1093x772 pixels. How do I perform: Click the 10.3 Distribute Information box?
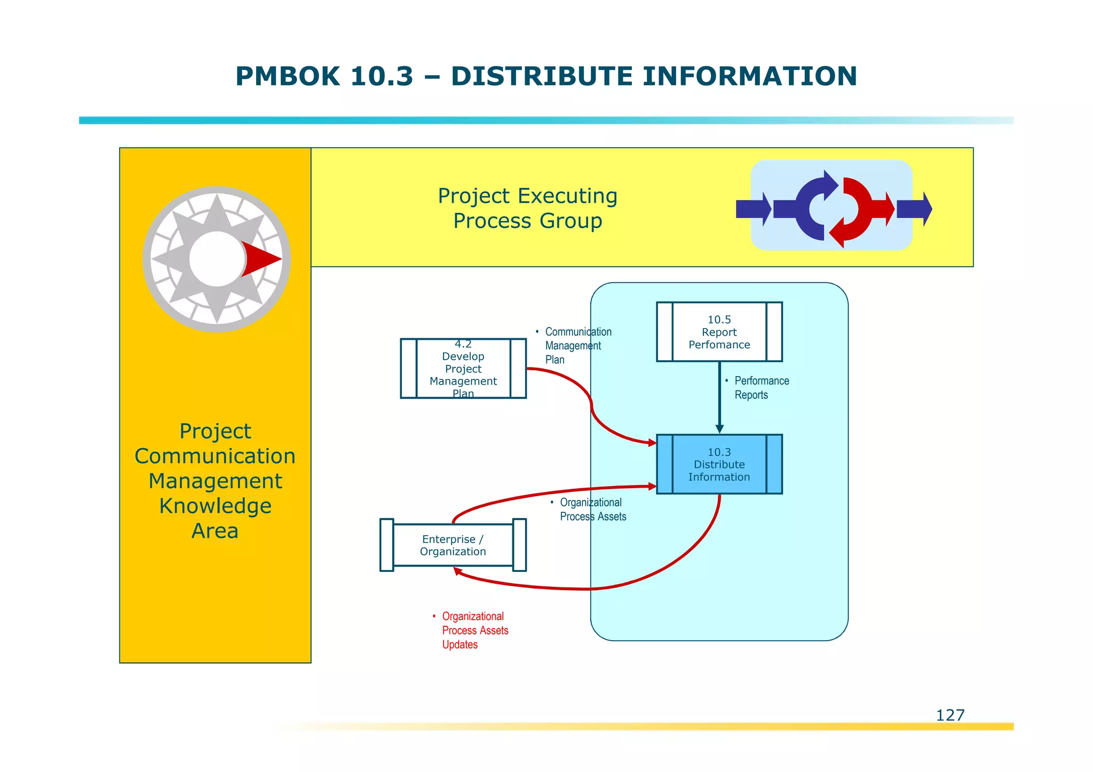719,464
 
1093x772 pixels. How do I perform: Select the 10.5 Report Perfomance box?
719,332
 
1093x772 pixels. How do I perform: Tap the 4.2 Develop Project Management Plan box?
463,369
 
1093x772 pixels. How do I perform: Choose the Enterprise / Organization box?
453,545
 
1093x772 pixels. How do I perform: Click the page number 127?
950,715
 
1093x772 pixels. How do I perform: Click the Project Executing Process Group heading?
527,208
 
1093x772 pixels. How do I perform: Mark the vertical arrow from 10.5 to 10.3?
719,397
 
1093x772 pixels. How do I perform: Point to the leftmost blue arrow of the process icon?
753,209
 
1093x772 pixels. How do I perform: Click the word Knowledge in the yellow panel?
215,506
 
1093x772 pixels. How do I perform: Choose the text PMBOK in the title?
287,76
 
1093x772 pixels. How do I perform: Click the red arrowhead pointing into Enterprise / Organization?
457,571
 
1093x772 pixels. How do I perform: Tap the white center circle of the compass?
216,259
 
